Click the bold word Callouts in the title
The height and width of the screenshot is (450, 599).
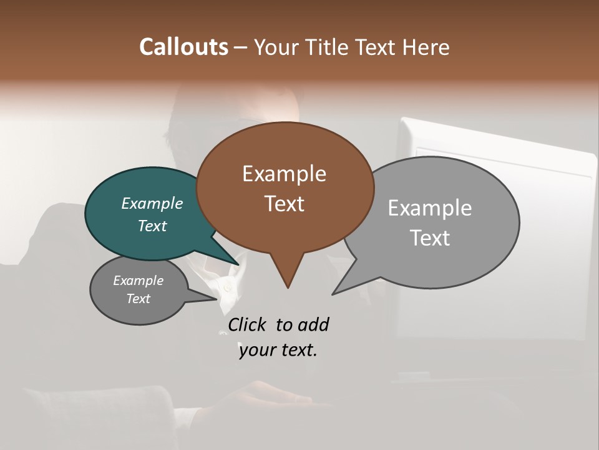[x=183, y=47]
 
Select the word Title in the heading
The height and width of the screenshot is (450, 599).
[x=329, y=47]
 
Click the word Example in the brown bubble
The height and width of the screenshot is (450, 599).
[x=284, y=174]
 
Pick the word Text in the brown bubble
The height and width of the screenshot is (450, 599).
[x=284, y=204]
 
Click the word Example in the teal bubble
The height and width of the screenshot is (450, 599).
[x=152, y=204]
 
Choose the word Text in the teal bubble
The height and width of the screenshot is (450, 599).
[x=152, y=226]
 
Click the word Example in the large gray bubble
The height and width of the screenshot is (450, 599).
[x=429, y=207]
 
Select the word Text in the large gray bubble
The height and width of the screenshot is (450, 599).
[x=429, y=237]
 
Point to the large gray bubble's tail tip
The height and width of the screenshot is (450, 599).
[x=334, y=292]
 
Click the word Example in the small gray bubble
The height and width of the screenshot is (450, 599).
[x=138, y=281]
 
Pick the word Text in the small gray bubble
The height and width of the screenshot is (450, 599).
[x=138, y=299]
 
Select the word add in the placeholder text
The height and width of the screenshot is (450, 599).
[x=313, y=324]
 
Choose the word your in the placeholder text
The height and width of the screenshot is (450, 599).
[x=256, y=350]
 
